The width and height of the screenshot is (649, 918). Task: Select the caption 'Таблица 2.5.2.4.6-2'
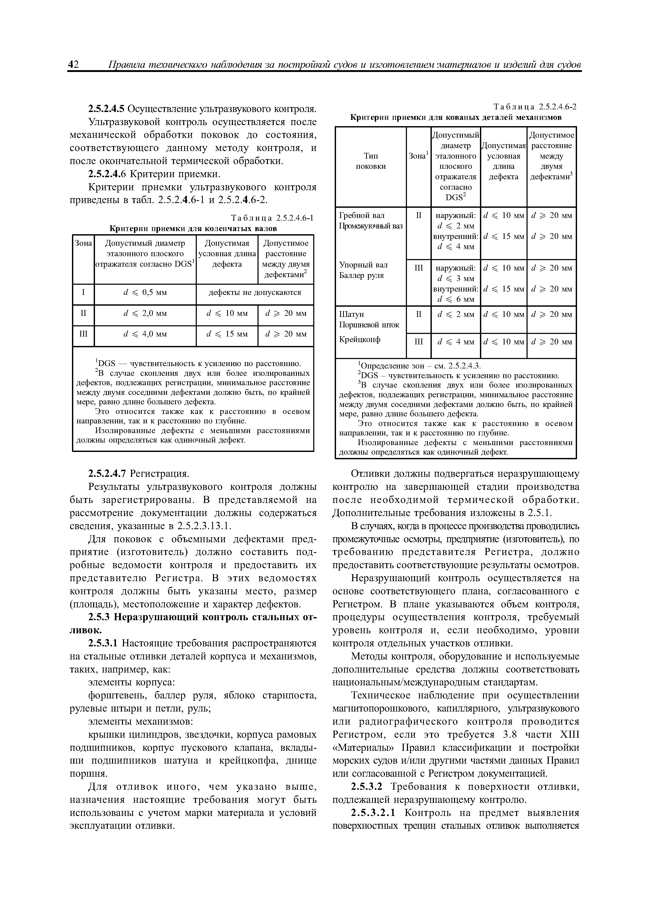(x=535, y=107)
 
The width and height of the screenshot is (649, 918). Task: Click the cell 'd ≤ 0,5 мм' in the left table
(x=145, y=292)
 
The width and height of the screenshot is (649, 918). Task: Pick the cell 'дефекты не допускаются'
(x=255, y=292)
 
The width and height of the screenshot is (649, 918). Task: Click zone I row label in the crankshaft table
(x=83, y=292)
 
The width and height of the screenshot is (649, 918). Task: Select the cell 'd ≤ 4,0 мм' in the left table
(x=145, y=334)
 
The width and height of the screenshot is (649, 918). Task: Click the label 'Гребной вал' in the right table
(x=361, y=216)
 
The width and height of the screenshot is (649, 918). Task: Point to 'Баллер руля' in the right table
(x=361, y=276)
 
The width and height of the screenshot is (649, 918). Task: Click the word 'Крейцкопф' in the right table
(x=360, y=339)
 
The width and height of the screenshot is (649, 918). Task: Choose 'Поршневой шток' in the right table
(x=369, y=325)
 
